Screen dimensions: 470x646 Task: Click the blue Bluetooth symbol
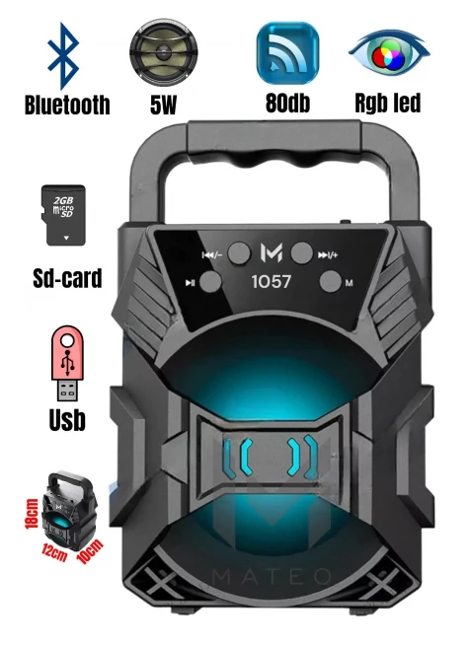coord(63,56)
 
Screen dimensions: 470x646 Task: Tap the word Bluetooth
coord(67,106)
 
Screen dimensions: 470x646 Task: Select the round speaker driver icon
coord(163,52)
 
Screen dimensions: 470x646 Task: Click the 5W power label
coord(163,105)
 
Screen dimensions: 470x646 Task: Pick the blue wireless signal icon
coord(287,53)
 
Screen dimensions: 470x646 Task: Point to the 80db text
coord(287,103)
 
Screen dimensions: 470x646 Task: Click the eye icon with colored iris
coord(389,52)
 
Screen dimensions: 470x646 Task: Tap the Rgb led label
coord(388,103)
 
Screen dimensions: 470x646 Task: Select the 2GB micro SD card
coord(63,215)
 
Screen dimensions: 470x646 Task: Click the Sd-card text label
coord(67,278)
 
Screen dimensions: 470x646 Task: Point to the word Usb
coord(67,420)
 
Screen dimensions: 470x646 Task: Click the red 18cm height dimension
coord(33,513)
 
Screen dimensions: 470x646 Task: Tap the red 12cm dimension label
coord(54,552)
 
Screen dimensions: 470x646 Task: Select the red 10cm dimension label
coord(90,551)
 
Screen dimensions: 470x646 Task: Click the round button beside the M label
coord(331,282)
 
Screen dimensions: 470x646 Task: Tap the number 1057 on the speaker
coord(272,282)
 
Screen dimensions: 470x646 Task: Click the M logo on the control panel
coord(272,252)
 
